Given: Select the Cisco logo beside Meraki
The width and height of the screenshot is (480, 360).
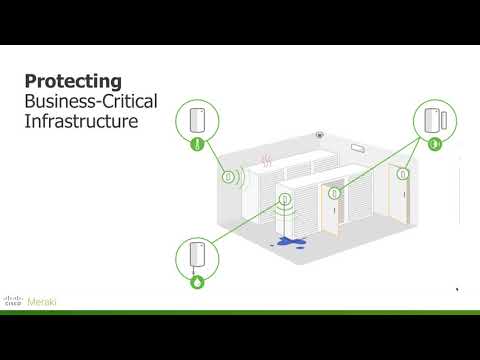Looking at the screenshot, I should [14, 300].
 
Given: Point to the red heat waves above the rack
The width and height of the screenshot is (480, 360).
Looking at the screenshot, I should [266, 159].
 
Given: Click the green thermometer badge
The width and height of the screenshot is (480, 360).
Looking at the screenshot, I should [197, 146].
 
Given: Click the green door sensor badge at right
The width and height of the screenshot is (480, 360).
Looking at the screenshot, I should [435, 145].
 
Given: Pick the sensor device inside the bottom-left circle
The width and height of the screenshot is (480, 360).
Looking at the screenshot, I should [197, 256].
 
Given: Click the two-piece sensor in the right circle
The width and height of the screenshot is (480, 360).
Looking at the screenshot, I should [436, 119].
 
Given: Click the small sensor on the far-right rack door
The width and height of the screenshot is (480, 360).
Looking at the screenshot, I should [401, 173].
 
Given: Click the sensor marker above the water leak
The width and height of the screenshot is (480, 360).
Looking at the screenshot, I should [285, 199].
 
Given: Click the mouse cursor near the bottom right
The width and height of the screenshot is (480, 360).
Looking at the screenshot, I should [457, 289].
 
